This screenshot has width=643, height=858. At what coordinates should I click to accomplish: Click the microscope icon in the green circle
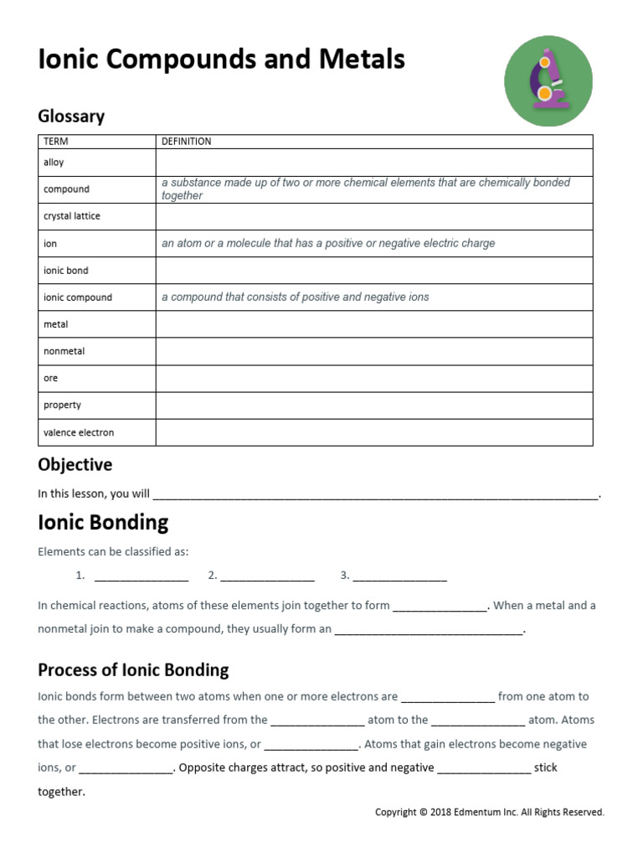[x=548, y=81]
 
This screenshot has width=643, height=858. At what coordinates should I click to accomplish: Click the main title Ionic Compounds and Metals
[x=221, y=59]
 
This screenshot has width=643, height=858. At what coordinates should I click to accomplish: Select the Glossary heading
[x=71, y=116]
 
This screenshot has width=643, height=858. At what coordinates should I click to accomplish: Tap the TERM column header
[x=55, y=142]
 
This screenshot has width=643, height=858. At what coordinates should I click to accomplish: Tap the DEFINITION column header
[x=186, y=142]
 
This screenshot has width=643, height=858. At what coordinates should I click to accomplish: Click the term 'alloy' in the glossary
[x=54, y=163]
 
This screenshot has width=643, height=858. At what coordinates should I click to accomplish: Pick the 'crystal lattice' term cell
[x=71, y=216]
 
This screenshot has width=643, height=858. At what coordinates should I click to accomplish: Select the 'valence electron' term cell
[x=78, y=432]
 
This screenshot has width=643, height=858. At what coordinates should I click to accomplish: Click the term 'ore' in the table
[x=51, y=378]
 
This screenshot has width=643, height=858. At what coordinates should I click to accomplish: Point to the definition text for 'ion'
[x=328, y=244]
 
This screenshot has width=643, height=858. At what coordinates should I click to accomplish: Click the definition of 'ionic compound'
[x=295, y=297]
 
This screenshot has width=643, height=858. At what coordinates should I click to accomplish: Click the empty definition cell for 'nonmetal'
[x=373, y=351]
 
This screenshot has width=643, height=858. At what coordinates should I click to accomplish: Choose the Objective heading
[x=75, y=464]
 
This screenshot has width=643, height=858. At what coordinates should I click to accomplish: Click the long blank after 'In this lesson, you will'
[x=376, y=495]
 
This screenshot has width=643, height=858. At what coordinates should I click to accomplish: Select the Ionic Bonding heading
[x=103, y=523]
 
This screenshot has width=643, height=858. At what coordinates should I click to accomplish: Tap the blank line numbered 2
[x=267, y=576]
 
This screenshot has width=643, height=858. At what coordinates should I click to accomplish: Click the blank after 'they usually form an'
[x=429, y=630]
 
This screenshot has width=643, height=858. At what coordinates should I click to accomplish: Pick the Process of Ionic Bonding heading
[x=133, y=670]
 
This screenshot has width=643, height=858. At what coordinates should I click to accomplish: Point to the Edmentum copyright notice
[x=489, y=812]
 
